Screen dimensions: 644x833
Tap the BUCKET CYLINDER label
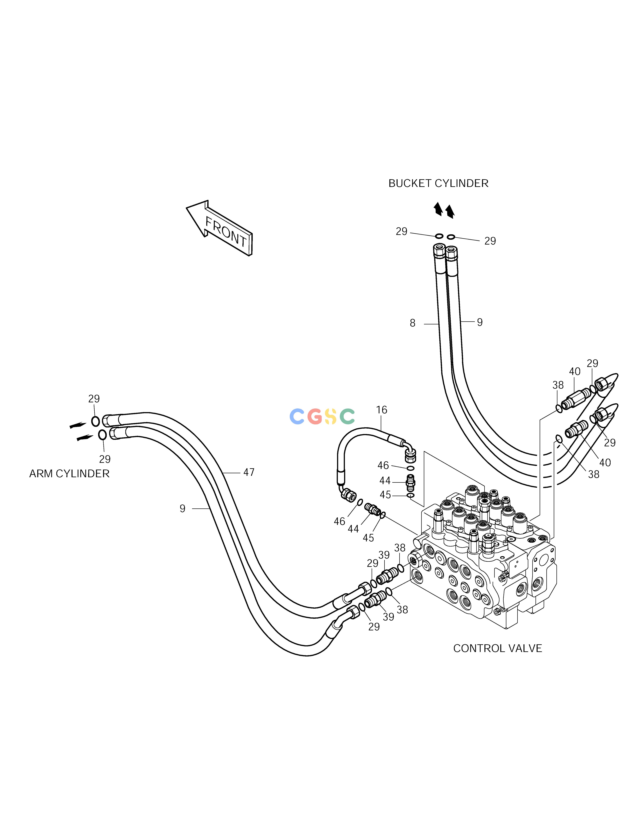tap(438, 183)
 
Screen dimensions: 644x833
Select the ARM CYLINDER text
tap(69, 474)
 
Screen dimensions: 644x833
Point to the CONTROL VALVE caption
tap(498, 648)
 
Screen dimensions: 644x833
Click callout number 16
tap(382, 410)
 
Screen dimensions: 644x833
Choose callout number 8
tap(412, 323)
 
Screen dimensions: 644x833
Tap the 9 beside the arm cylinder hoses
tap(182, 508)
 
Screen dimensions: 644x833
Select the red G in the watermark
tap(314, 416)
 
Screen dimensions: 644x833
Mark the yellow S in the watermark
tap(330, 416)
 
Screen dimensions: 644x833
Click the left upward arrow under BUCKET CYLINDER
tap(438, 209)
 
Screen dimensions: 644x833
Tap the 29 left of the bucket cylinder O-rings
tap(401, 232)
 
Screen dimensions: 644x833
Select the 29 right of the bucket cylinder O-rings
tap(490, 241)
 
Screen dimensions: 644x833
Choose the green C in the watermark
tap(347, 416)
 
